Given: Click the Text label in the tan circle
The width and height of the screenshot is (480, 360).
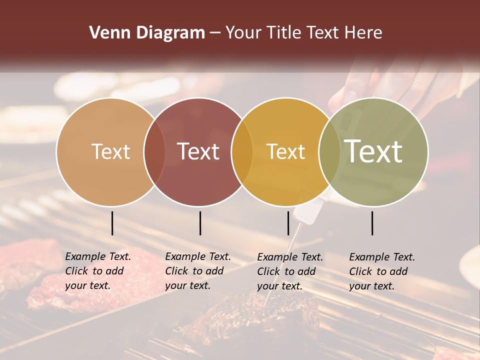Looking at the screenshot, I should click(110, 151).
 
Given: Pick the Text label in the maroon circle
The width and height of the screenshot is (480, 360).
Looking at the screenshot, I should click(198, 151).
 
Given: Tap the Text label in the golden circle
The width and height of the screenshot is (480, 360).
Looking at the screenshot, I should click(285, 151).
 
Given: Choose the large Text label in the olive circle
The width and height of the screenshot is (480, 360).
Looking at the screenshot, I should click(373, 151).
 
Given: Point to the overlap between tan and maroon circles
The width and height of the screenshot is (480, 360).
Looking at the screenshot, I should click(154, 151).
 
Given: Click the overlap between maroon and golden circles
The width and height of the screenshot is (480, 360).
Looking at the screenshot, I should click(242, 151).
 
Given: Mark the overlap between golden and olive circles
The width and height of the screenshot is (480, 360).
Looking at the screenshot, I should click(329, 151).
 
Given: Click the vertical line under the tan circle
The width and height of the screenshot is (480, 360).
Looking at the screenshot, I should click(112, 223).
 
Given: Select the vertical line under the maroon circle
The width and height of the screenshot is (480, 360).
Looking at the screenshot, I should click(200, 223).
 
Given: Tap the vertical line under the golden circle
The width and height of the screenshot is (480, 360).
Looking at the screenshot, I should click(288, 223).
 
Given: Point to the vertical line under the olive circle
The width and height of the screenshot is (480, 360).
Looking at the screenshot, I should click(372, 223).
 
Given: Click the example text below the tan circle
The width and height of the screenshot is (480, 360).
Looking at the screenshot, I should click(97, 271).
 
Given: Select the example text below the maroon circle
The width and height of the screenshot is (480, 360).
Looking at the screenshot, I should click(197, 271).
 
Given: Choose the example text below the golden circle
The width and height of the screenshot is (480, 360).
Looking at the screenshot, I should click(289, 271).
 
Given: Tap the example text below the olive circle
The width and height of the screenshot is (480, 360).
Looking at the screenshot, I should click(381, 271).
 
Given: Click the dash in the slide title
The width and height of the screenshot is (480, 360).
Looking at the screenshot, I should click(215, 33).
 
